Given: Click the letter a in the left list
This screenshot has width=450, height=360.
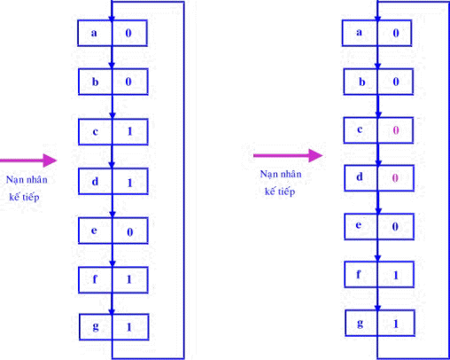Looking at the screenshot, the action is tap(94, 33).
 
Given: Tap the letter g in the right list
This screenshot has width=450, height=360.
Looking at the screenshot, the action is tap(360, 324).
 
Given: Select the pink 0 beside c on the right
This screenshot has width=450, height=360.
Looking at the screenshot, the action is tap(396, 130).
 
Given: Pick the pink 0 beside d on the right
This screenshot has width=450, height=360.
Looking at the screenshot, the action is tap(395, 177).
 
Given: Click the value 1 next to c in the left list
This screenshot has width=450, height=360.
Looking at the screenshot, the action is tap(129, 131).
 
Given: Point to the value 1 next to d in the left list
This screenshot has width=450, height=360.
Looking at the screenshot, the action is tap(129, 183).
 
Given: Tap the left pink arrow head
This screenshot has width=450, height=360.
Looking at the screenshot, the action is tap(50, 160).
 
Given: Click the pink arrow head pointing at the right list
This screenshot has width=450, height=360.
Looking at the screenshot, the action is tap(315, 155).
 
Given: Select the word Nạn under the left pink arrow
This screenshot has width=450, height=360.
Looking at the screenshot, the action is tap(14, 180).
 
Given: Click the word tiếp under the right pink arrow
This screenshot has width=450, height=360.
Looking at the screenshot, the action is tap(286, 192).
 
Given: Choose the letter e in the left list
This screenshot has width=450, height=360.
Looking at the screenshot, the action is tap(94, 231).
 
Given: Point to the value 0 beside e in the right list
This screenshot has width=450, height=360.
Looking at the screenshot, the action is tap(395, 227).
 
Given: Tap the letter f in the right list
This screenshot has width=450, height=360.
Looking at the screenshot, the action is tap(359, 274).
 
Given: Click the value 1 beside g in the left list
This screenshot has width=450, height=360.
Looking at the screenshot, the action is tap(128, 327).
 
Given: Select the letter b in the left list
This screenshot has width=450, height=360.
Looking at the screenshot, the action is tap(95, 82).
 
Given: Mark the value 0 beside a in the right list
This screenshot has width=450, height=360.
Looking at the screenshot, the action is tap(396, 33).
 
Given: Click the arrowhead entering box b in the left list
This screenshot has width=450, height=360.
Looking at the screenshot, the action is tap(112, 66).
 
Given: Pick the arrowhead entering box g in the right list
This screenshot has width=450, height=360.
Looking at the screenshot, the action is tap(377, 307).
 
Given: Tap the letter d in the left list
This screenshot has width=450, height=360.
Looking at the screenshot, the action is tap(95, 182).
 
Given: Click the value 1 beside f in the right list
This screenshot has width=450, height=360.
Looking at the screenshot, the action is tap(396, 276).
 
